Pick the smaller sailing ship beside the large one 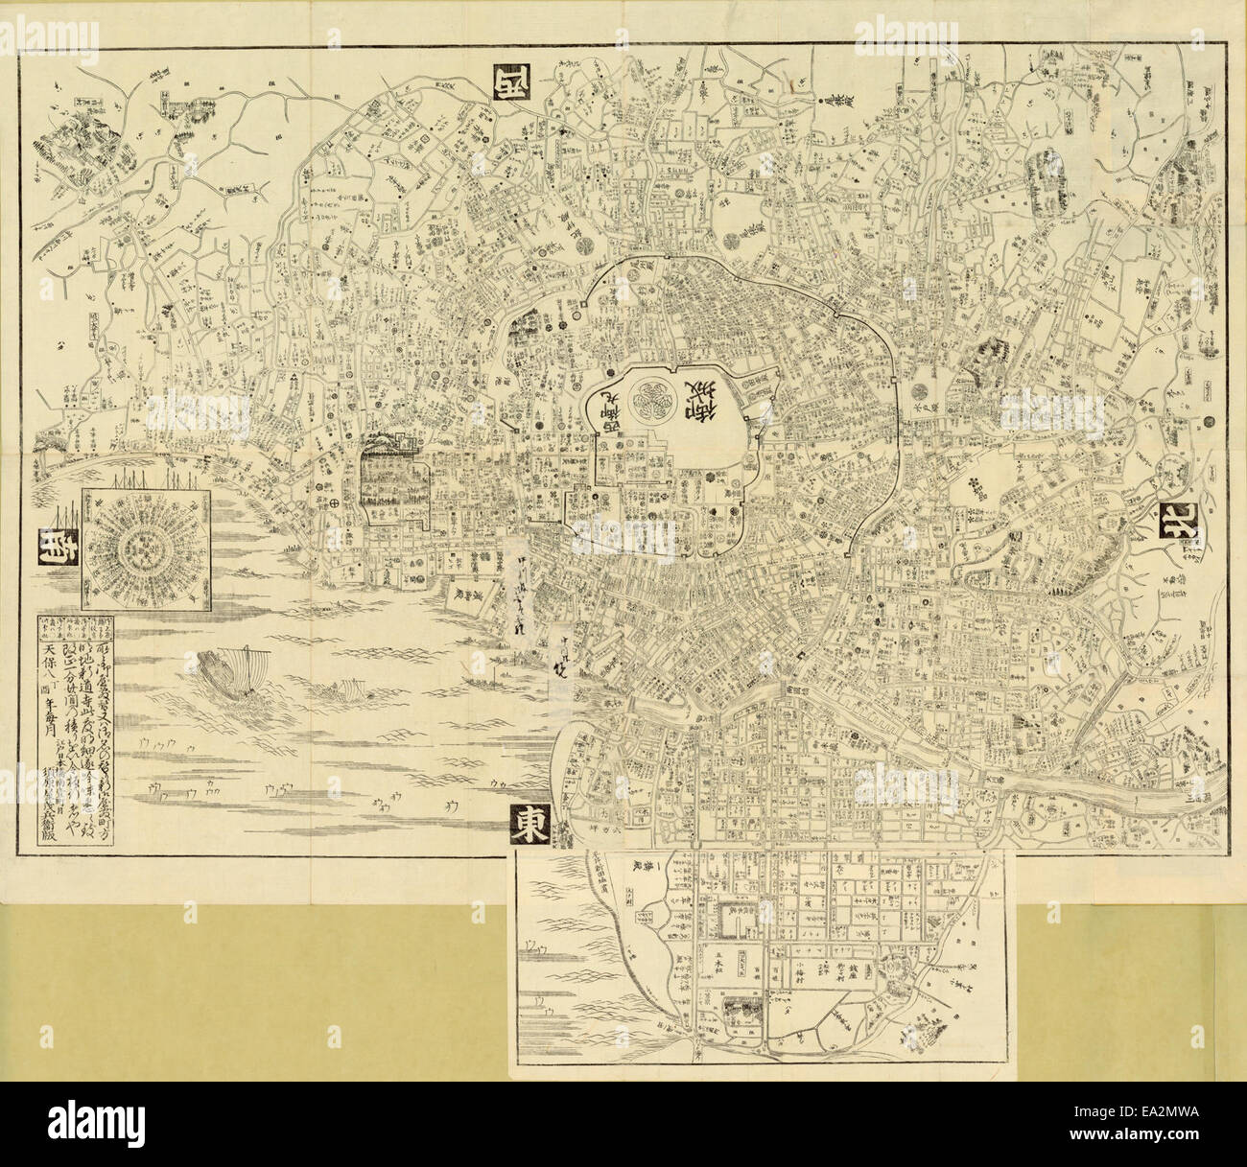click(x=341, y=690)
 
